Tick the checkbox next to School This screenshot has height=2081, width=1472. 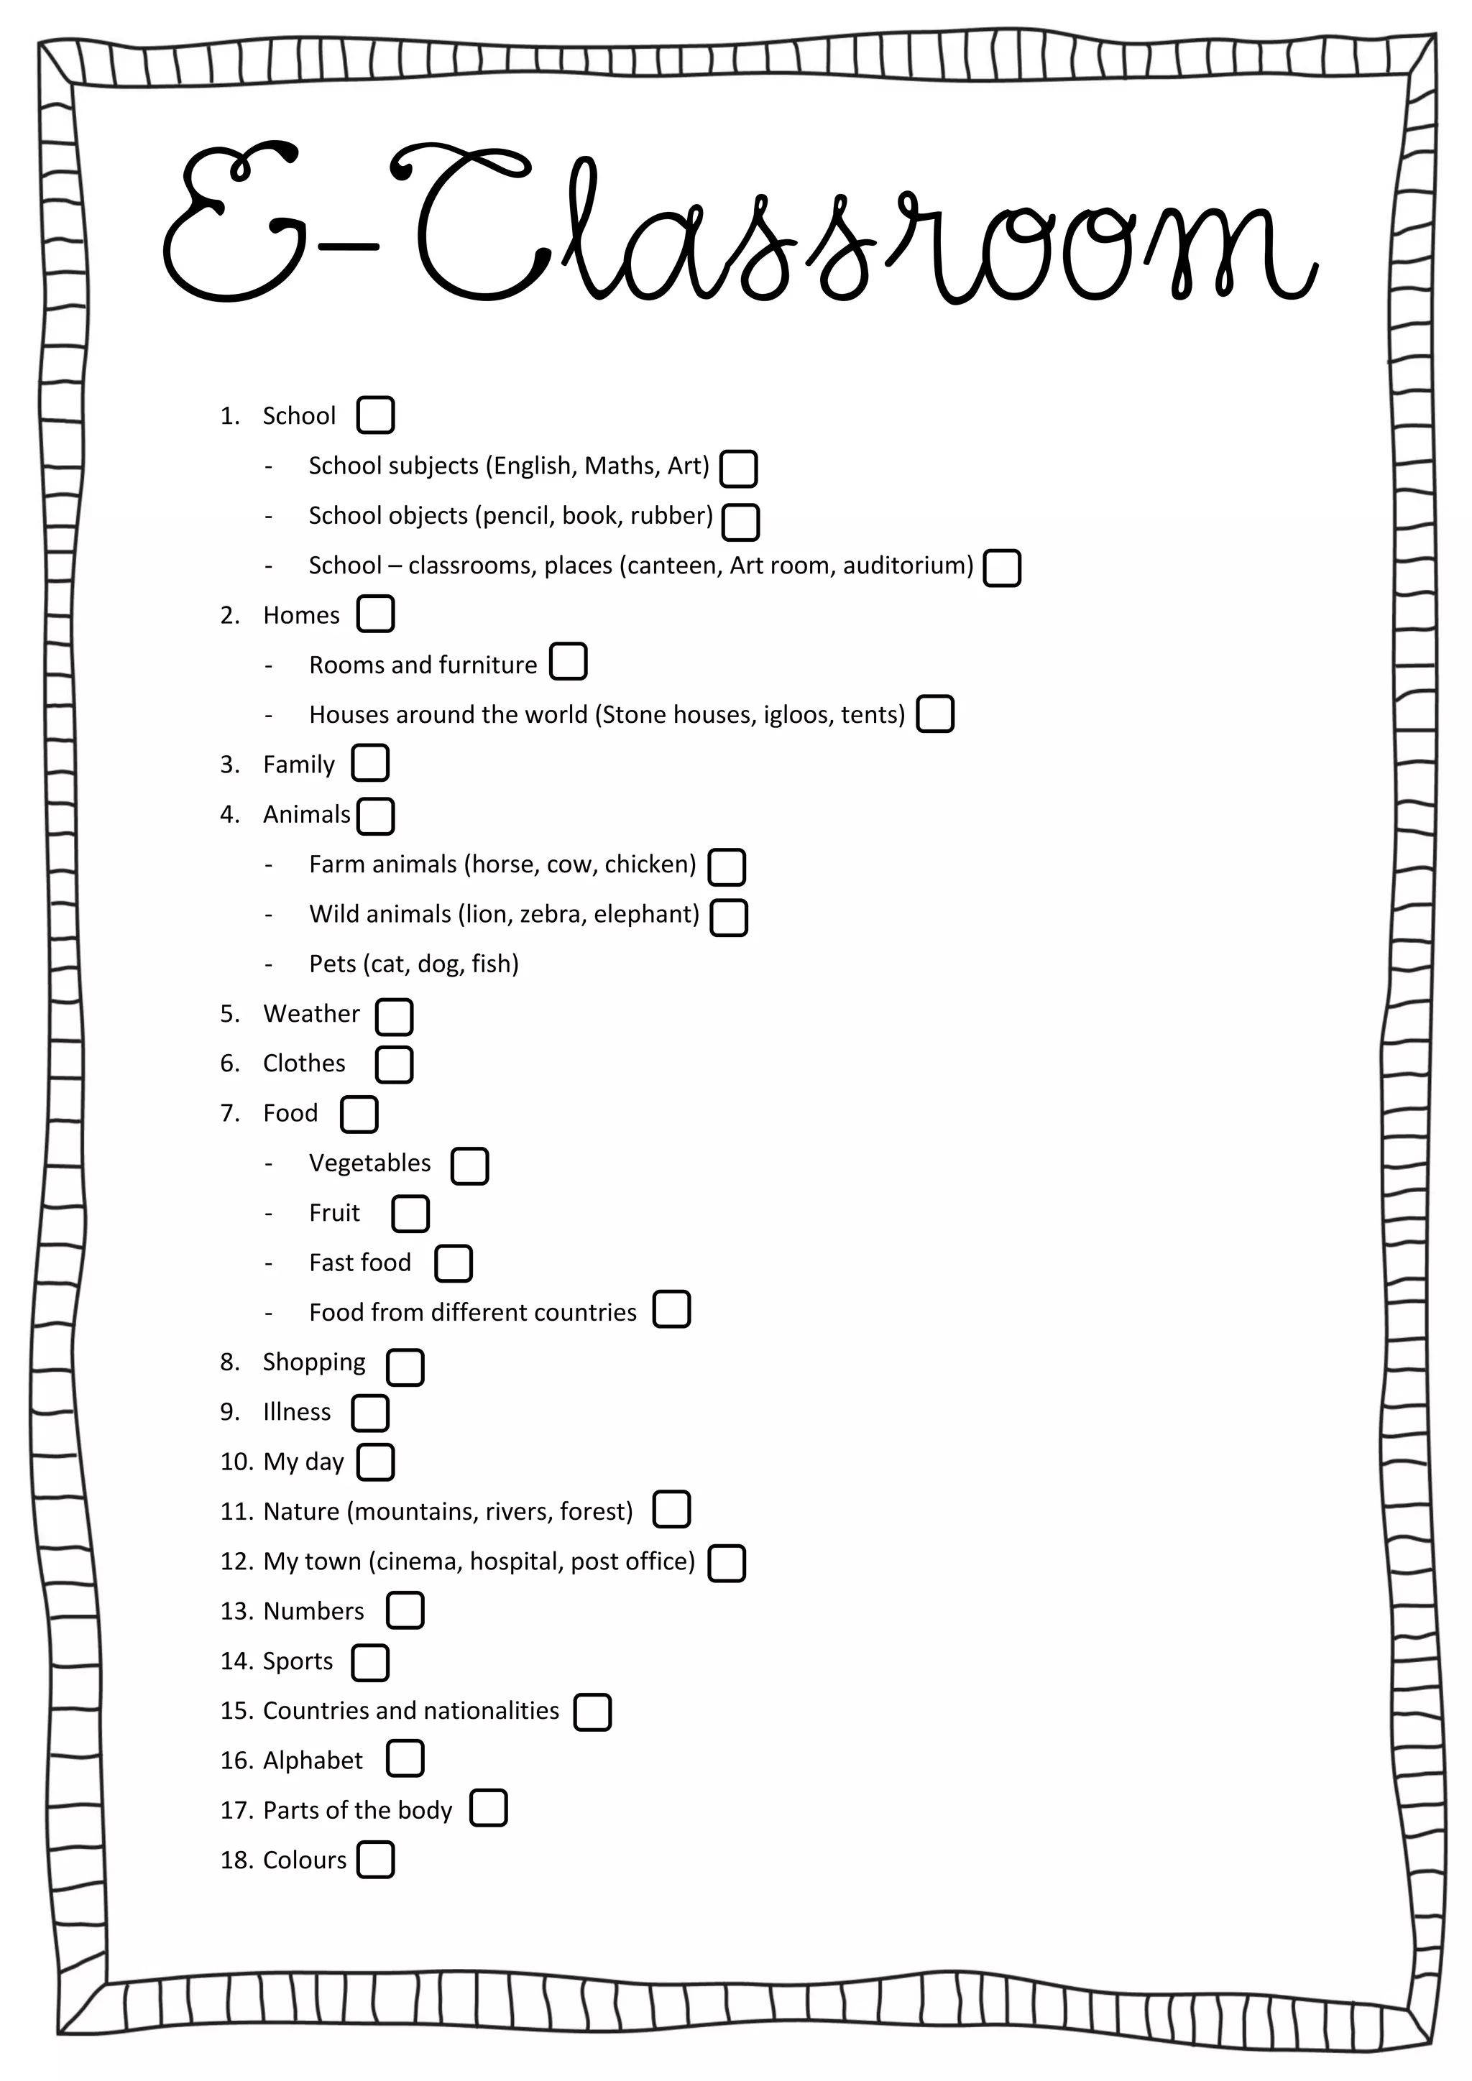(x=375, y=415)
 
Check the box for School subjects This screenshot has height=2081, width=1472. (x=738, y=469)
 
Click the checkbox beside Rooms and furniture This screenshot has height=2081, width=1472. (x=569, y=662)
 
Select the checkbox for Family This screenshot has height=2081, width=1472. (x=370, y=763)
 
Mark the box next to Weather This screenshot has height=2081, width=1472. (x=395, y=1016)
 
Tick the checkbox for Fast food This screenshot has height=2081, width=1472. (x=454, y=1263)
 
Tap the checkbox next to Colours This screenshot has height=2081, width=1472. (x=375, y=1859)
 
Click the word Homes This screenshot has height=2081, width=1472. (x=301, y=615)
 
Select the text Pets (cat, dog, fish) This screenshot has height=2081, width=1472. (x=413, y=964)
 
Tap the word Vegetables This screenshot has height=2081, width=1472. (x=370, y=1163)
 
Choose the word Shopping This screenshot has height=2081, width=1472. (x=313, y=1362)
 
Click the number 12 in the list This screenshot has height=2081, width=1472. (x=235, y=1561)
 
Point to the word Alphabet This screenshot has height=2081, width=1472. (x=312, y=1761)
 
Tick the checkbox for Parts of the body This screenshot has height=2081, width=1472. (x=489, y=1807)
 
